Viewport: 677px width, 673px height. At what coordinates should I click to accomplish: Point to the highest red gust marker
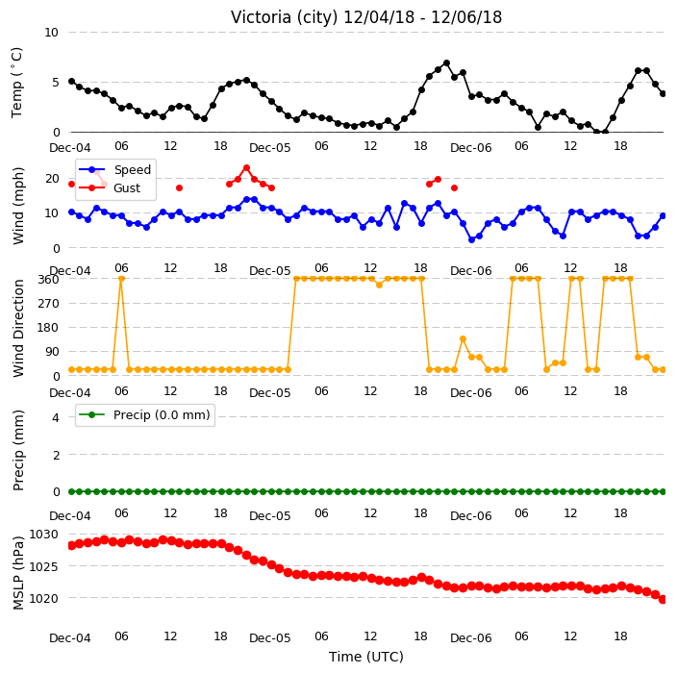(x=246, y=168)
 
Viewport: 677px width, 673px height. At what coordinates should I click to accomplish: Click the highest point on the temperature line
(x=447, y=63)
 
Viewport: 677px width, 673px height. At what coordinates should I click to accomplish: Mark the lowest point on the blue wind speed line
(x=471, y=239)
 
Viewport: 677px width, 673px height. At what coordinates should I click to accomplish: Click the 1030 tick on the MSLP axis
(x=43, y=535)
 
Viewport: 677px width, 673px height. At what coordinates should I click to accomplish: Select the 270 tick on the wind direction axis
(x=48, y=304)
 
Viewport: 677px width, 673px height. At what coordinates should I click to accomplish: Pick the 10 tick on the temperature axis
(x=51, y=33)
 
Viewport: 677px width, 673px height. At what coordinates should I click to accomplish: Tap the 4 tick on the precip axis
(x=56, y=417)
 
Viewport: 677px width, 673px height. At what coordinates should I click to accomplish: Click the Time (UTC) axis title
(x=366, y=657)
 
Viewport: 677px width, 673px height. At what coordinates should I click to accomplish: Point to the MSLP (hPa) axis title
(x=18, y=573)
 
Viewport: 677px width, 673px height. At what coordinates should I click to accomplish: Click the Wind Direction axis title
(x=18, y=329)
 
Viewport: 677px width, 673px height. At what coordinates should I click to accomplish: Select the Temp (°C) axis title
(x=16, y=83)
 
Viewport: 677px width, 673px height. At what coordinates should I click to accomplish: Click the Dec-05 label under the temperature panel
(x=270, y=148)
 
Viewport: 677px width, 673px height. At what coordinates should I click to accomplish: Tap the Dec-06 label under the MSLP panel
(x=470, y=638)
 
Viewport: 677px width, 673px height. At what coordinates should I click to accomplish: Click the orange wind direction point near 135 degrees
(x=463, y=339)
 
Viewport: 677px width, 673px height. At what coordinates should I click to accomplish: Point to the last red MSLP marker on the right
(x=664, y=599)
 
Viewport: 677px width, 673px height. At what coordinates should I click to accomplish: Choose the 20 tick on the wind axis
(x=52, y=178)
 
